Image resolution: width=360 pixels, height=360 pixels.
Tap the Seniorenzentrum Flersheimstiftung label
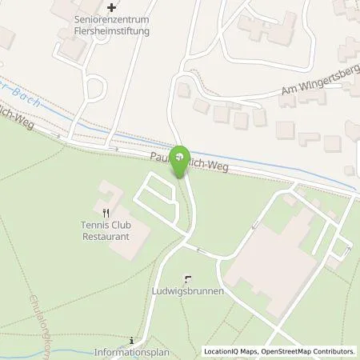113,26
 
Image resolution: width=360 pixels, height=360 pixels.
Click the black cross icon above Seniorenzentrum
113,9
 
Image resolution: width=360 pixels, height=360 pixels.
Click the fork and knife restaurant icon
106,213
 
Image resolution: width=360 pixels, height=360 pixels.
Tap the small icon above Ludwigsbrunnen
188,279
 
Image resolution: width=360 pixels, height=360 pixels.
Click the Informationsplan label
132,351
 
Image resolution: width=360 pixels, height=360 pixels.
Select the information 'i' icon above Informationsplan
132,339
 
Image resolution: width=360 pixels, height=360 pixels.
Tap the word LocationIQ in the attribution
222,351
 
